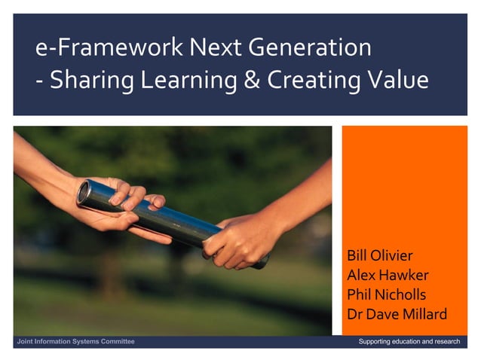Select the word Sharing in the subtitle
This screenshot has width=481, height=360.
point(87,80)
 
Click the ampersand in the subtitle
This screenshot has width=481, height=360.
point(253,80)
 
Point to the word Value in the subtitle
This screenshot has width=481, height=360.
point(397,80)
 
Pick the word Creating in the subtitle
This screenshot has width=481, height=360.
point(314,80)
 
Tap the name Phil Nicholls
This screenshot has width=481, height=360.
point(387,294)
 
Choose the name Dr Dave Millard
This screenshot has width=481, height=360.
point(396,314)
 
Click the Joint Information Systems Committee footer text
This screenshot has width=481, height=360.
point(76,342)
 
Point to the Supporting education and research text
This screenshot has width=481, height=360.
point(409,342)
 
